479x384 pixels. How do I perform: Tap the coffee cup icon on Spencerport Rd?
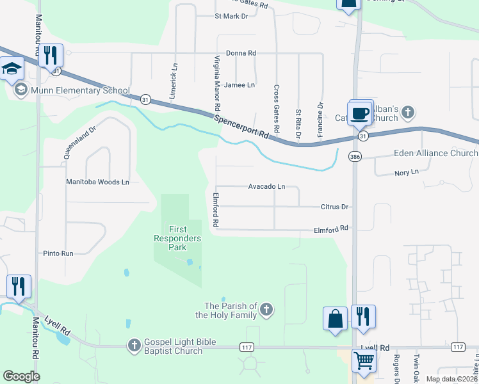(x=359, y=113)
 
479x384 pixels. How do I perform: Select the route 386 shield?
(x=354, y=156)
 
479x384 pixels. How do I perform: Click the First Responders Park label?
(x=185, y=238)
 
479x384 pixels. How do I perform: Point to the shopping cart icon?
(x=364, y=361)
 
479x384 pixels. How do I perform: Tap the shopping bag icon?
(x=336, y=318)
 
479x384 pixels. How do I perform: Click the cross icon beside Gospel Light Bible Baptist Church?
(x=134, y=346)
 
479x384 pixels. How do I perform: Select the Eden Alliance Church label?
(x=426, y=154)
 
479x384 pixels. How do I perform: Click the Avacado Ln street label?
(x=266, y=187)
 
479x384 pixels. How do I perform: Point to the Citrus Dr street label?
(x=334, y=207)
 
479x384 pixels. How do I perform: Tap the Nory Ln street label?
(x=406, y=172)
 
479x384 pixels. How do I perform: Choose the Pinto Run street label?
(x=58, y=253)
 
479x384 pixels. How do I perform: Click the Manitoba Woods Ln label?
(x=98, y=182)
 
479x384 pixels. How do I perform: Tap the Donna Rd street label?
(x=241, y=53)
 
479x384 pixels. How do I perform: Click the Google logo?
(x=21, y=376)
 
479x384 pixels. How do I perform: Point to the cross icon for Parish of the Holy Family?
(x=266, y=310)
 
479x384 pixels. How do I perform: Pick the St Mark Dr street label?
(x=231, y=16)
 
